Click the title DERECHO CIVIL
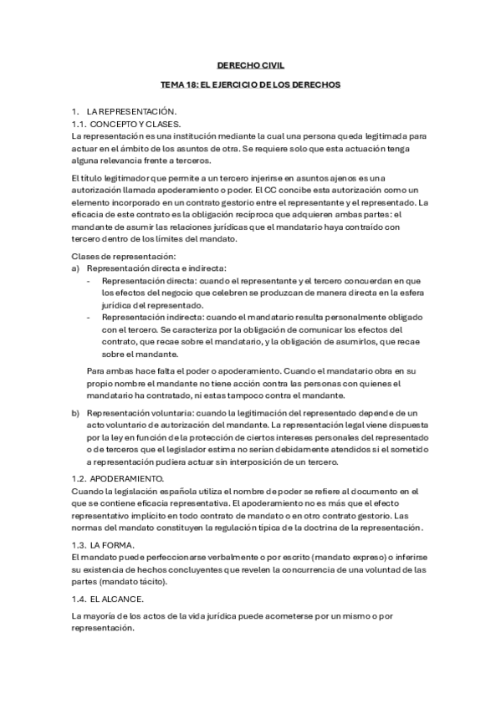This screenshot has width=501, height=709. (250, 64)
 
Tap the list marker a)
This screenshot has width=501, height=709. (76, 268)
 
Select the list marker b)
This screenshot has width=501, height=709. (76, 413)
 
